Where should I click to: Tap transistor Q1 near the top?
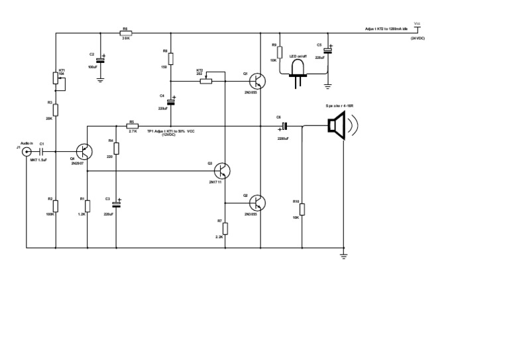[x=258, y=81]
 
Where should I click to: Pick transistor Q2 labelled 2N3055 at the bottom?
[x=258, y=203]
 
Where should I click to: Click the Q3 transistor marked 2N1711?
[x=223, y=170]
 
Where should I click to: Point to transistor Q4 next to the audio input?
[x=84, y=151]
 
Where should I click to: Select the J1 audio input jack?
[x=27, y=151]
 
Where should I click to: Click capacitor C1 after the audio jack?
[x=42, y=151]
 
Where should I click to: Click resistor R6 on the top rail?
[x=126, y=33]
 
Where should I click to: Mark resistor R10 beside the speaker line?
[x=302, y=210]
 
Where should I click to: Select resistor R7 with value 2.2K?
[x=225, y=228]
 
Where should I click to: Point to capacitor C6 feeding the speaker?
[x=284, y=126]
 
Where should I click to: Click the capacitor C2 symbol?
[x=100, y=58]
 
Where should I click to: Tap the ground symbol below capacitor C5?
[x=327, y=85]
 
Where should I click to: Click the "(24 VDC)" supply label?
[x=418, y=39]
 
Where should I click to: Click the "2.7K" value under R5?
[x=133, y=131]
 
